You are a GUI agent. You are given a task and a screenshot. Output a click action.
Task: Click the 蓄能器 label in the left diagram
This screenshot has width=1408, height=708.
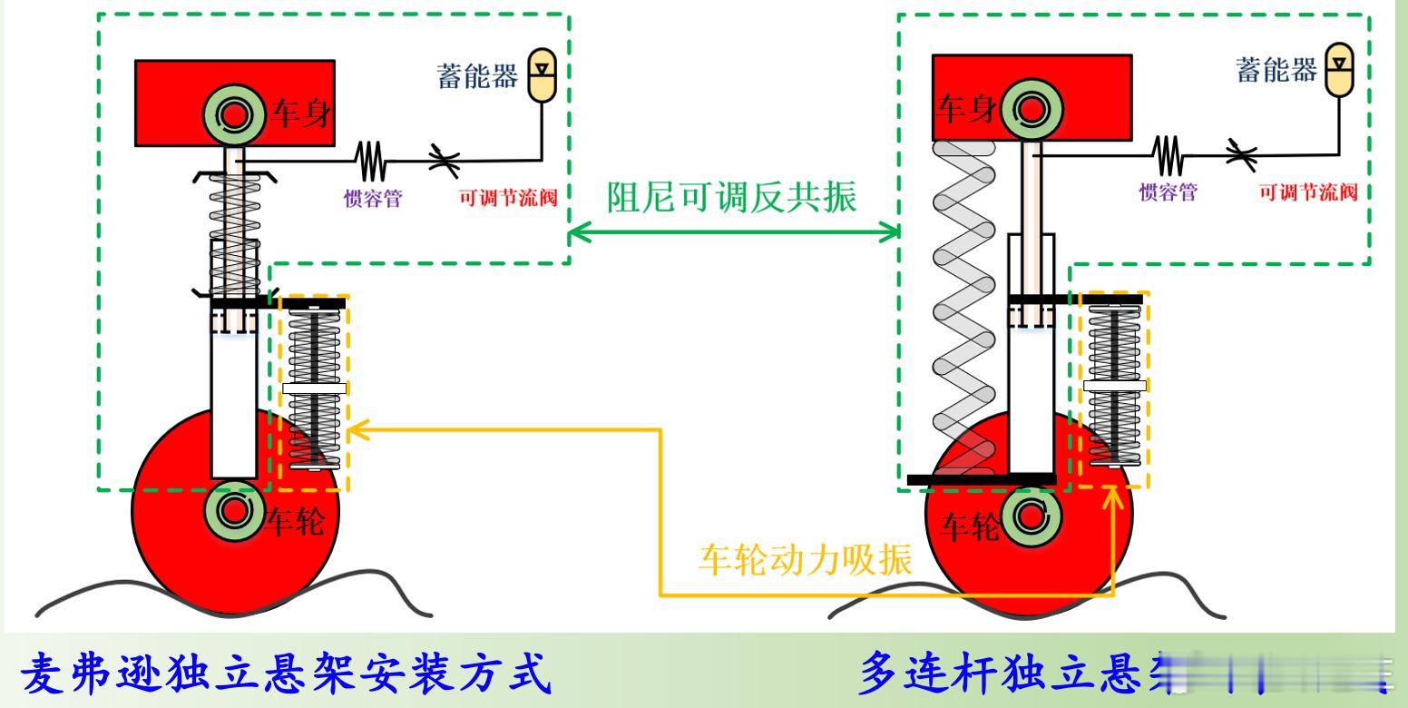(x=478, y=78)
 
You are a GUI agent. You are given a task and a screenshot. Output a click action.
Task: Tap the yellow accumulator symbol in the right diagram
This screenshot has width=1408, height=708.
(x=1338, y=73)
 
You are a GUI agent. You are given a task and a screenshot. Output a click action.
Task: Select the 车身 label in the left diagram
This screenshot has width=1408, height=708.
(x=300, y=116)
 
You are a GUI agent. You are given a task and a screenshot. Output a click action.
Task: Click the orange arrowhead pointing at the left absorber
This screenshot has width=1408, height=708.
(x=357, y=428)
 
